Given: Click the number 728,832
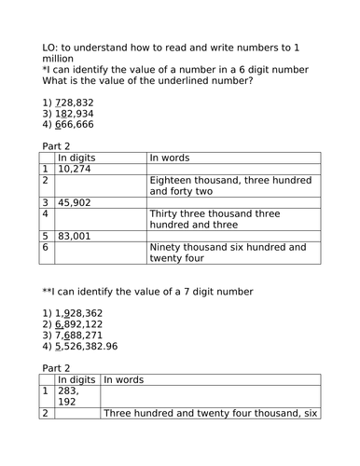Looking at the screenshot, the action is click(76, 102).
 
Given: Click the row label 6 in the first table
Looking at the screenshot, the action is click(47, 247).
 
